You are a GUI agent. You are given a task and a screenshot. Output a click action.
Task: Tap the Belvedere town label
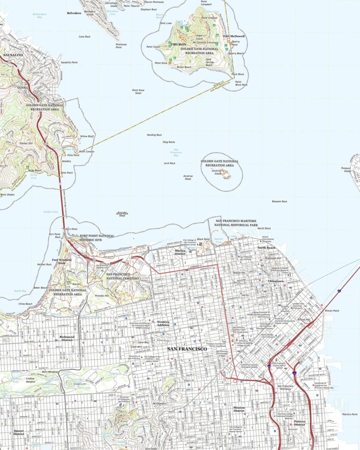[x=74, y=14]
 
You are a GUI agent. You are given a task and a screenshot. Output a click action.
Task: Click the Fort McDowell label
[x=234, y=36]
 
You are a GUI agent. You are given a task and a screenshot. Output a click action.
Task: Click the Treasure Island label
[x=346, y=169]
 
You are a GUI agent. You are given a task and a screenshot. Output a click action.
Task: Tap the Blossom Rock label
[x=279, y=201]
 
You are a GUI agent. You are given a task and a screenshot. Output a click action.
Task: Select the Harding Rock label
[x=154, y=135]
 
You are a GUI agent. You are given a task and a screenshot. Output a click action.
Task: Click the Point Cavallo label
[x=86, y=152]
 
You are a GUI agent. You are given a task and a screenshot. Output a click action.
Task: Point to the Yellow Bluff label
[x=87, y=136]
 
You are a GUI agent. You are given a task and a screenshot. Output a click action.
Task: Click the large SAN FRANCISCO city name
[x=187, y=349]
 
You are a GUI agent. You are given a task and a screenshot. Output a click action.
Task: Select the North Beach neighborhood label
[x=266, y=248]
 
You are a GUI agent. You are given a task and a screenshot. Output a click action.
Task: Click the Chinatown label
[x=276, y=281]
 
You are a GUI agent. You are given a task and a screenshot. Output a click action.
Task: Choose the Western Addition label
[x=163, y=323]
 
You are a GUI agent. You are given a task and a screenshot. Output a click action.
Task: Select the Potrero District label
[x=300, y=423]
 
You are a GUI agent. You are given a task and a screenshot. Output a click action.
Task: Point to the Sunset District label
[x=19, y=432]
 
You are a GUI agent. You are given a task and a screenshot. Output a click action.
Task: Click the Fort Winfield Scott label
[x=62, y=261]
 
